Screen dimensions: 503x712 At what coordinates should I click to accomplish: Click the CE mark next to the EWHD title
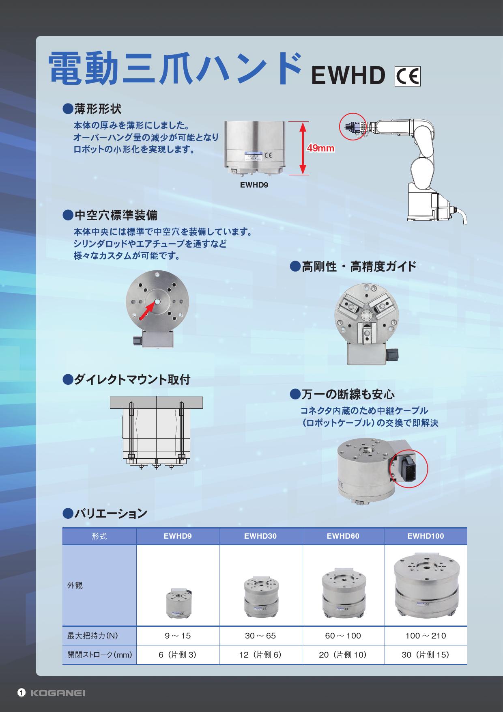pyautogui.click(x=408, y=76)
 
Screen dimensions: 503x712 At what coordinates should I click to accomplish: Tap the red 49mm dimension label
pyautogui.click(x=320, y=148)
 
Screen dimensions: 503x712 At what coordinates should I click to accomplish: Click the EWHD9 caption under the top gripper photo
pyautogui.click(x=254, y=185)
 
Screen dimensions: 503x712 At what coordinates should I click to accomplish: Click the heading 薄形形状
pyautogui.click(x=92, y=109)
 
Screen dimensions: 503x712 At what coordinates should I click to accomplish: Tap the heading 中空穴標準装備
pyautogui.click(x=110, y=215)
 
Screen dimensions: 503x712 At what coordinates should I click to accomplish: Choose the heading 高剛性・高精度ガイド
pyautogui.click(x=353, y=267)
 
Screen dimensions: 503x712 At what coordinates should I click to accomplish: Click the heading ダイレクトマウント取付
pyautogui.click(x=127, y=380)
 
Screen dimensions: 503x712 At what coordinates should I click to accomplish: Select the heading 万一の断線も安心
pyautogui.click(x=342, y=394)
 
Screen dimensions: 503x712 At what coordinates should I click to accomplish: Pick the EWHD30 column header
pyautogui.click(x=260, y=536)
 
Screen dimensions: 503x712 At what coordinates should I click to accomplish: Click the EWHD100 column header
pyautogui.click(x=426, y=536)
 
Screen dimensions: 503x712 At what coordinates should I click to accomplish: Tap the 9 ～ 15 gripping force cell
pyautogui.click(x=178, y=636)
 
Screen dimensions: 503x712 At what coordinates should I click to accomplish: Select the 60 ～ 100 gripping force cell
pyautogui.click(x=343, y=636)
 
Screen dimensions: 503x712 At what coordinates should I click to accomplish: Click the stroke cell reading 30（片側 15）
pyautogui.click(x=426, y=655)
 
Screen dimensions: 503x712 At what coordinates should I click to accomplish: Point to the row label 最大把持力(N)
pyautogui.click(x=92, y=636)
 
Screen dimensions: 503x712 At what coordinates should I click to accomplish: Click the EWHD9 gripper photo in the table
pyautogui.click(x=178, y=603)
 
